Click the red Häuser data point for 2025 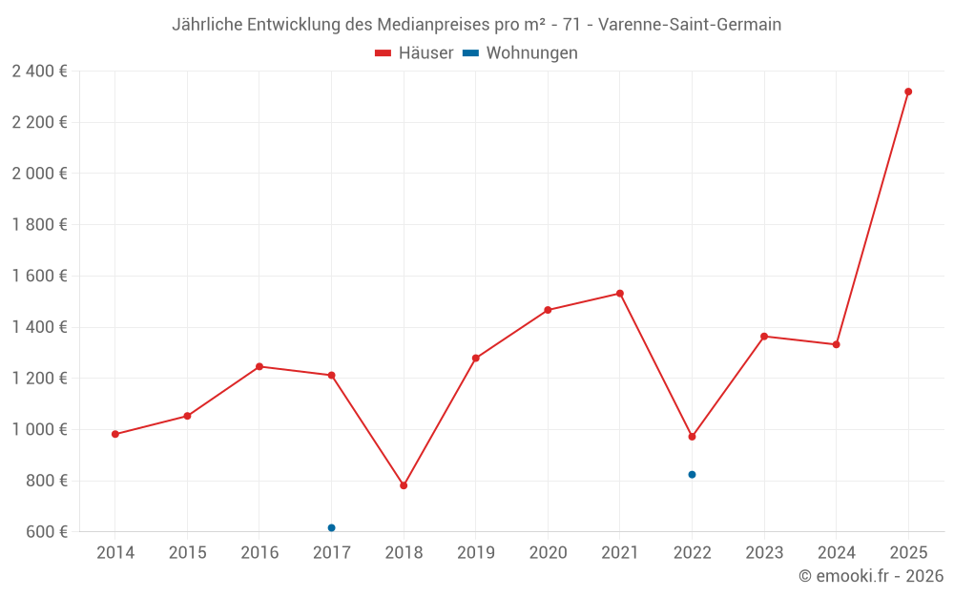point(908,92)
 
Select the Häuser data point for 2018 point(404,485)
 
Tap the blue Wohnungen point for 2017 point(331,527)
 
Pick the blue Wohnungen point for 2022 point(692,475)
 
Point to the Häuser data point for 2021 point(620,294)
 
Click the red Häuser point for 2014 point(115,434)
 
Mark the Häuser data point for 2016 point(259,366)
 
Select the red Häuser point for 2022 point(692,437)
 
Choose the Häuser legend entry point(414,53)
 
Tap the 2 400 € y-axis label point(39,71)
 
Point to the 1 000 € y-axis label point(39,429)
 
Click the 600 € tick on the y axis point(45,531)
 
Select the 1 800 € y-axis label point(39,224)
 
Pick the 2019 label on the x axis point(475,553)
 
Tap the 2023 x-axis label point(764,553)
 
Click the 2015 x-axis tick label point(187,553)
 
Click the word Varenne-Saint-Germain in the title point(689,25)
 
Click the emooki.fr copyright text point(871,576)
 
